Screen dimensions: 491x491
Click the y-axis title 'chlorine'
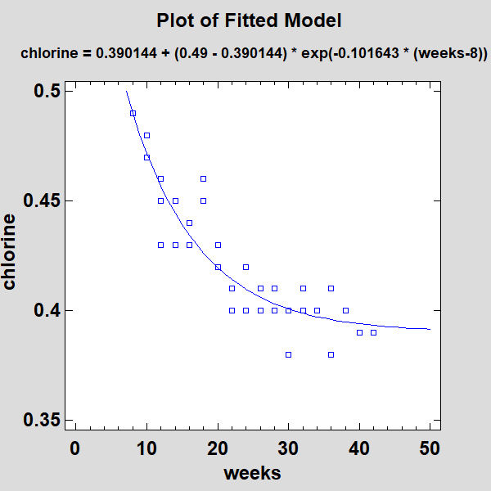point(10,251)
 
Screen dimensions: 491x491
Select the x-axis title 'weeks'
point(252,473)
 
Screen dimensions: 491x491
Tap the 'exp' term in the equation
point(309,53)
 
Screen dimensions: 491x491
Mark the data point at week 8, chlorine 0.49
point(133,113)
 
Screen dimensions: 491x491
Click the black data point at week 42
point(373,332)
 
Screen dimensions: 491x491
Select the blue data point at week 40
point(359,332)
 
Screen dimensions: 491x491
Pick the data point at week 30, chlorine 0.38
point(288,354)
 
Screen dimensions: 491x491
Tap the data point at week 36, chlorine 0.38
point(331,354)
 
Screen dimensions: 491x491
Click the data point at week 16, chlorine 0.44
point(189,223)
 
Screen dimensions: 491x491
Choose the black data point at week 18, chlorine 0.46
point(204,178)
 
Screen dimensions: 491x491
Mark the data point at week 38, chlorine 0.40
point(345,310)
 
